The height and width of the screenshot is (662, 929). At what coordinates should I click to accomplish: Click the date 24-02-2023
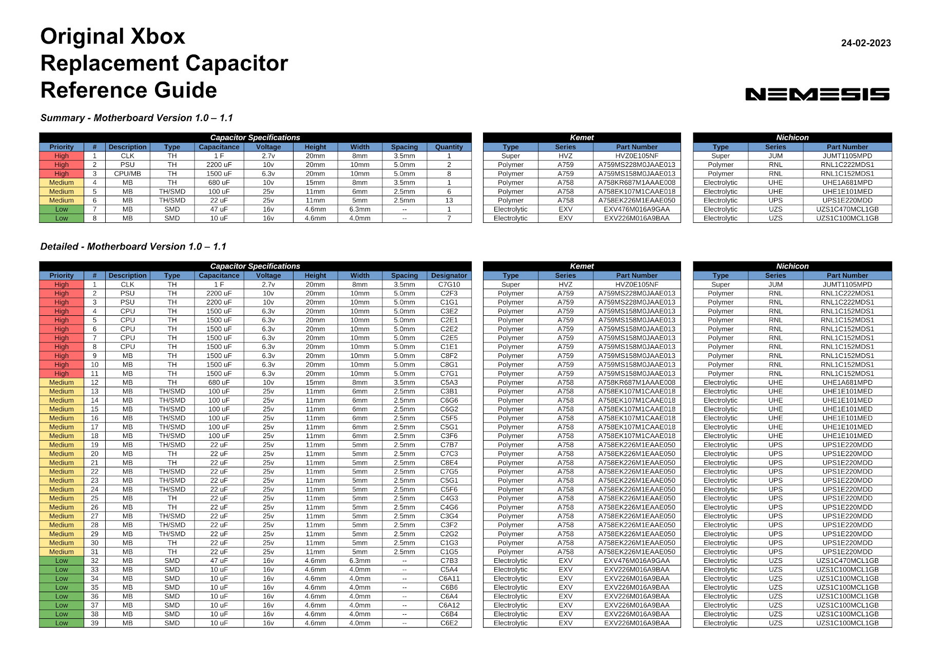865,43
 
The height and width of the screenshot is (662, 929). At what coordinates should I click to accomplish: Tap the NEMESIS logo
817,94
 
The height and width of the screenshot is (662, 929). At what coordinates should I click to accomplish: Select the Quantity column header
449,147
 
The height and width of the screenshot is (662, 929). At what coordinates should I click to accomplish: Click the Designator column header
449,275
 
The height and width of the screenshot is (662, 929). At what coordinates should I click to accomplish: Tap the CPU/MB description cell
127,174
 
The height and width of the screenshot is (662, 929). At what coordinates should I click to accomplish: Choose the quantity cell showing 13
449,200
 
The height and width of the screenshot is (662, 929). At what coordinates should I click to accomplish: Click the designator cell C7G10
449,285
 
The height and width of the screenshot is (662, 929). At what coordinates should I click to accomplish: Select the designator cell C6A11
449,578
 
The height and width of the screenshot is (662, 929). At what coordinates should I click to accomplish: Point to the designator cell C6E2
449,623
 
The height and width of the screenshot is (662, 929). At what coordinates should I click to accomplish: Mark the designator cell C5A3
449,383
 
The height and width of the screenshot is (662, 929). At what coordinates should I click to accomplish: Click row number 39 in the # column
94,623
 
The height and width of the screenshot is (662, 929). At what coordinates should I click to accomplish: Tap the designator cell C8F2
449,356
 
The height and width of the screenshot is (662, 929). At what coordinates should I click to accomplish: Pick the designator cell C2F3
449,293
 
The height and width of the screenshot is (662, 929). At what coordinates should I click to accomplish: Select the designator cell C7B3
449,561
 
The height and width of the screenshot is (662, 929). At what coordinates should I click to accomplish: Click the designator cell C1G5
449,552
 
